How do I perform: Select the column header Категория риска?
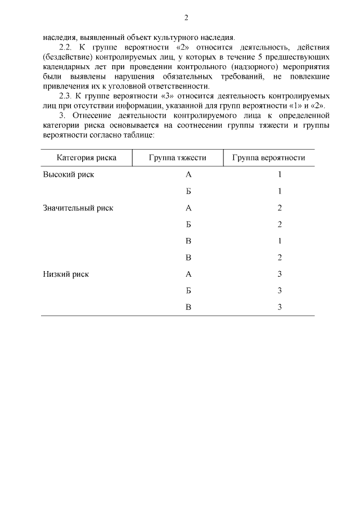click(87, 157)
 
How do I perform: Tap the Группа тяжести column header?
click(178, 157)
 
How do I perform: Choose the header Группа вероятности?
click(269, 157)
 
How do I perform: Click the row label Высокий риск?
click(69, 174)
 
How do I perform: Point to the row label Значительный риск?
click(78, 208)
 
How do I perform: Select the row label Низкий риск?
click(66, 274)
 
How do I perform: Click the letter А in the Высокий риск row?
click(189, 174)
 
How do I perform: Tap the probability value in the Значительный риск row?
click(280, 208)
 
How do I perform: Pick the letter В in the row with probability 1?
click(189, 241)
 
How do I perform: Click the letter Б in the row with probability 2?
click(189, 224)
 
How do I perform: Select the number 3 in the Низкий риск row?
click(280, 274)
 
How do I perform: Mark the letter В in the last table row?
click(189, 308)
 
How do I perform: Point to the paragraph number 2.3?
click(66, 96)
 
